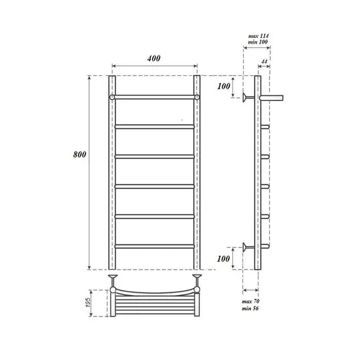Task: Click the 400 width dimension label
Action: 153,58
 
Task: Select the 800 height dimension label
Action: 80,155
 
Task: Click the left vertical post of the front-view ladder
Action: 112,171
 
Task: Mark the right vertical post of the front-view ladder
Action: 197,171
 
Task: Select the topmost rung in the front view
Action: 154,97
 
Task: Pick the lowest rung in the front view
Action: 154,246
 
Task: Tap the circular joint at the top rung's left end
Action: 112,97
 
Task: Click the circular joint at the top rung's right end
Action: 197,97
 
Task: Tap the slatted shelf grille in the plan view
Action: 154,308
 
